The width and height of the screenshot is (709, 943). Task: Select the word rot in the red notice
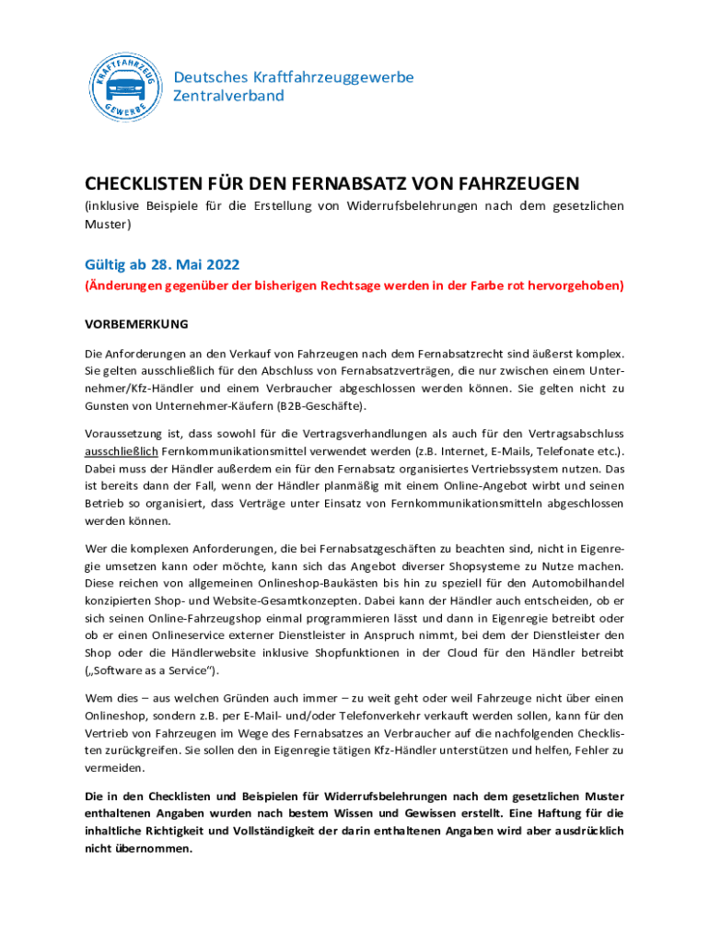pyautogui.click(x=517, y=286)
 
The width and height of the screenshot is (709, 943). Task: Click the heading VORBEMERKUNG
pyautogui.click(x=136, y=324)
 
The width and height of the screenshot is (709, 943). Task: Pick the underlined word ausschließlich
pyautogui.click(x=122, y=450)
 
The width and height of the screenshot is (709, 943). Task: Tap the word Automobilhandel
pyautogui.click(x=575, y=584)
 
